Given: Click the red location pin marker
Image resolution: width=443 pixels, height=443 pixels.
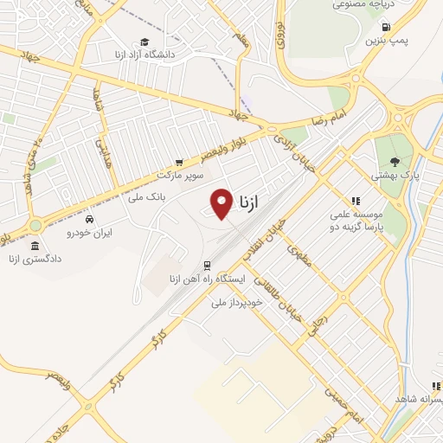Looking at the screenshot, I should click(222, 203).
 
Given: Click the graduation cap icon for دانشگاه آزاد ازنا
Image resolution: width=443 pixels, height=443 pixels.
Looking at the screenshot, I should click(145, 42).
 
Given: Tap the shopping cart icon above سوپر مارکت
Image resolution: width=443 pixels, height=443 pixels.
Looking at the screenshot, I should click(179, 161).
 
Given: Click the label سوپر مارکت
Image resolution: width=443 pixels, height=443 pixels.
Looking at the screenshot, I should click(179, 175).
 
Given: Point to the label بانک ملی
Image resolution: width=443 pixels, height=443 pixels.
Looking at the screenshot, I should click(146, 197).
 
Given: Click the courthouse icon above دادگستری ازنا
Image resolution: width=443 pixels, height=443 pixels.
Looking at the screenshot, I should click(35, 247).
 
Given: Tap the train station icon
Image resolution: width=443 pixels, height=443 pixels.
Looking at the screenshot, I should click(207, 265).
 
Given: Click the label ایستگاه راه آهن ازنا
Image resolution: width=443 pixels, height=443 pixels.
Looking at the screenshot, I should click(209, 279).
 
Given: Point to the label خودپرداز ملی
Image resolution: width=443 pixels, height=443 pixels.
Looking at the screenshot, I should click(236, 303).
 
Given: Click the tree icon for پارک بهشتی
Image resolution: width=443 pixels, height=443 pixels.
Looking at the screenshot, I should click(395, 161).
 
